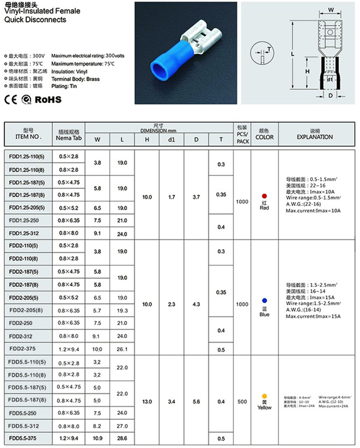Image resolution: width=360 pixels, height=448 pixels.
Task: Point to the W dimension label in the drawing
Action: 331,9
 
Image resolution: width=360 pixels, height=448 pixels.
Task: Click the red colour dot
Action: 264,196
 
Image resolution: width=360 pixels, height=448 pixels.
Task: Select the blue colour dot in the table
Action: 264,300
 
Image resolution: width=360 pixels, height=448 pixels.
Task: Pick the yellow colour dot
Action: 264,396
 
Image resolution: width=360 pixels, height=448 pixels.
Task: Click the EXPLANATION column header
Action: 314,137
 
